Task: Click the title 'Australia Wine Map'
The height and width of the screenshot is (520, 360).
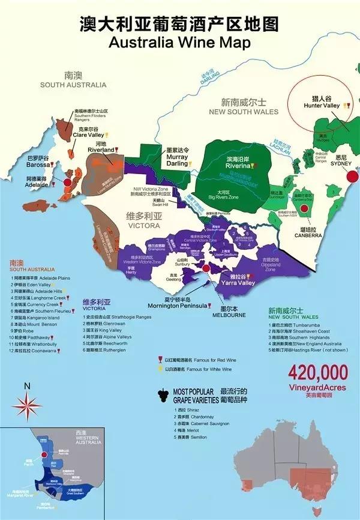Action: coord(179,43)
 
